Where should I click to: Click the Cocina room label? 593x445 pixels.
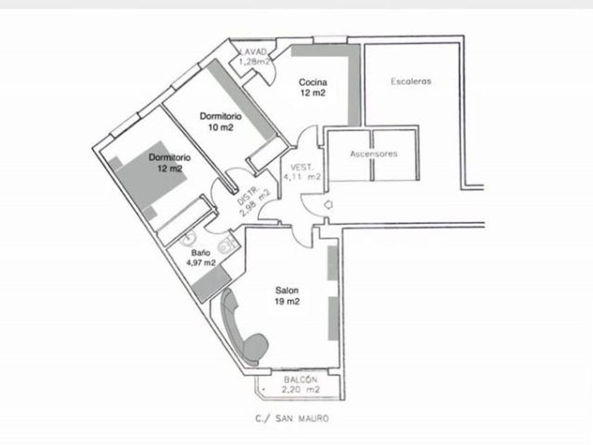pyautogui.click(x=312, y=82)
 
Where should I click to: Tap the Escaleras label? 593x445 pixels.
pyautogui.click(x=411, y=81)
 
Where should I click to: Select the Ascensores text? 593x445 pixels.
pyautogui.click(x=373, y=153)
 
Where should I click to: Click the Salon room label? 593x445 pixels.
pyautogui.click(x=287, y=290)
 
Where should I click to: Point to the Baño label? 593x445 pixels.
pyautogui.click(x=200, y=252)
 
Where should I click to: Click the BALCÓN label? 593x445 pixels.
pyautogui.click(x=300, y=379)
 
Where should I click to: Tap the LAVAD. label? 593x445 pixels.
pyautogui.click(x=253, y=52)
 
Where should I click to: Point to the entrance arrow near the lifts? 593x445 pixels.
pyautogui.click(x=328, y=205)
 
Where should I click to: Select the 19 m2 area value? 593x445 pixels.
pyautogui.click(x=287, y=302)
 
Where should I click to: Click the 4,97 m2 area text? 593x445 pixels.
pyautogui.click(x=201, y=262)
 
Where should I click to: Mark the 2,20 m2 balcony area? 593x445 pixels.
pyautogui.click(x=301, y=389)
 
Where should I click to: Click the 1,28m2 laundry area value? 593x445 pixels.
pyautogui.click(x=255, y=61)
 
